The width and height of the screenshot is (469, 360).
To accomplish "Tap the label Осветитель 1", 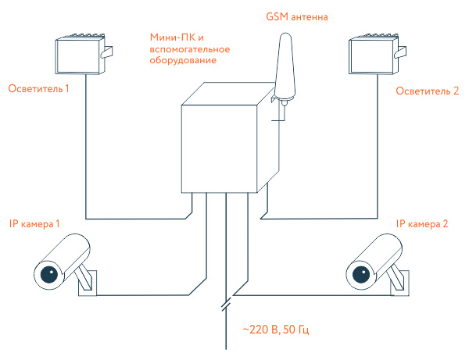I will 38,88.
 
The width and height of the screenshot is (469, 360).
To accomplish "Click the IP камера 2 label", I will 423,224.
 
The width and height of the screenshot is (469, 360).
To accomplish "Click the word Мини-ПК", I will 170,37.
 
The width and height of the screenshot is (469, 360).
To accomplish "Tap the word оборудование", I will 184,59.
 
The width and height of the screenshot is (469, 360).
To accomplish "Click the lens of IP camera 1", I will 47,273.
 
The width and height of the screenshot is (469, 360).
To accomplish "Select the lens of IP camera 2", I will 360,273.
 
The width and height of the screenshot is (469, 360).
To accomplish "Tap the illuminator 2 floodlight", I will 372,55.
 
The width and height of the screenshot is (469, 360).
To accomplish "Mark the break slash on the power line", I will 226,301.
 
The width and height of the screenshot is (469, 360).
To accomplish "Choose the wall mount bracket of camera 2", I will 399,281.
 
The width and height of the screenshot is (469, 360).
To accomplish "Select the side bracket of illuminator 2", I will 402,52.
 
